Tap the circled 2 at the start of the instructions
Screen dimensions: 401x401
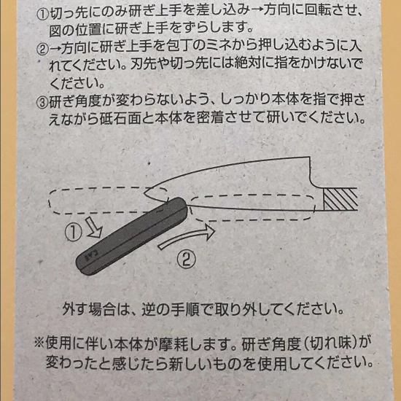[43, 50]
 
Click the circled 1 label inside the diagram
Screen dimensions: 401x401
[74, 232]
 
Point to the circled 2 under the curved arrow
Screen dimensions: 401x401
[187, 260]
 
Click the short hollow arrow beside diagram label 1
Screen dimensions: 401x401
[94, 227]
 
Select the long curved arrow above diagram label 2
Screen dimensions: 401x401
[186, 237]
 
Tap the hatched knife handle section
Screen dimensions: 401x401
[340, 199]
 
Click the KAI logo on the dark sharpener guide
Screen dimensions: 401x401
[91, 255]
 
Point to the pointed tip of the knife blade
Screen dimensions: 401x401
[144, 193]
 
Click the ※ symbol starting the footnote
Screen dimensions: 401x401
[39, 343]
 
